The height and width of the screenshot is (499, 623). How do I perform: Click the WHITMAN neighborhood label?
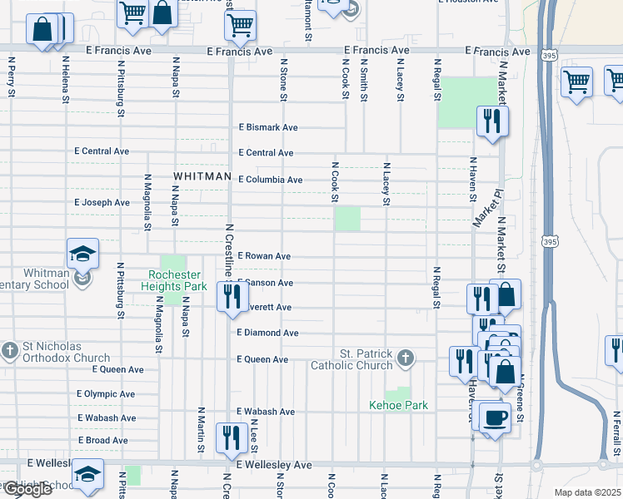[x=202, y=176]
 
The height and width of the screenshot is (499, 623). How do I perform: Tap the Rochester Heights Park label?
[x=177, y=280]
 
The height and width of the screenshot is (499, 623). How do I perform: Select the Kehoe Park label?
[x=399, y=405]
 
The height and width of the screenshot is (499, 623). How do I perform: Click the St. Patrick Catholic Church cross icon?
[x=405, y=358]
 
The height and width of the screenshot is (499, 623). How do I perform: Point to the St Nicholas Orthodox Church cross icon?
[x=10, y=351]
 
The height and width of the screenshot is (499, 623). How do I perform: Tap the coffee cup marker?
[x=496, y=417]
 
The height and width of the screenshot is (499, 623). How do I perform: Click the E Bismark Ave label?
[x=267, y=128]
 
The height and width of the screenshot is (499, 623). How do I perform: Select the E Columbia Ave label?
[x=270, y=180]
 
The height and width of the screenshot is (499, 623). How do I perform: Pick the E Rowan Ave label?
[x=264, y=256]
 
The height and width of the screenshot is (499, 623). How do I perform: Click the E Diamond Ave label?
[x=267, y=333]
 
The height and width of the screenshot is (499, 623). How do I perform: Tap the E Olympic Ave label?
[x=106, y=393]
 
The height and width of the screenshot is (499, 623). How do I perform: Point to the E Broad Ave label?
[x=102, y=440]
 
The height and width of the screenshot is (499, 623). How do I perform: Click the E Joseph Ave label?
[x=102, y=202]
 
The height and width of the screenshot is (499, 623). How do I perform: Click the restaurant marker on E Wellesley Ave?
[x=229, y=437]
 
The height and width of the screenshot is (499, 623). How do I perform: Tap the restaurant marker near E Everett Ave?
[x=232, y=296]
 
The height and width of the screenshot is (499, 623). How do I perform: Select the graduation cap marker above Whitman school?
[x=82, y=253]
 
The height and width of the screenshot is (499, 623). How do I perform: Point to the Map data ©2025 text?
[x=587, y=492]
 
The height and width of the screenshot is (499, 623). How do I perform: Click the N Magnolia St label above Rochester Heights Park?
[x=147, y=200]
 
